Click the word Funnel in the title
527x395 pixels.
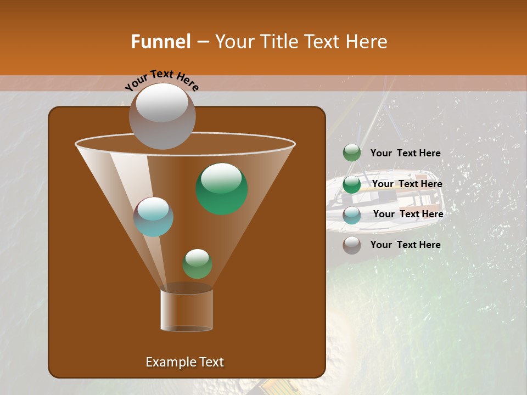tap(160, 42)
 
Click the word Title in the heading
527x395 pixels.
tap(279, 42)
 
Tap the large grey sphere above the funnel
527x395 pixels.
tap(162, 116)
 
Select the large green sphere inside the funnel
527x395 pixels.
tap(222, 188)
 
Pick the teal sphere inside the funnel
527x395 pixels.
tap(153, 217)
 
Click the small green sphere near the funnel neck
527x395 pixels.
tap(197, 264)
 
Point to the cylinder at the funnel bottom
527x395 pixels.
tap(187, 310)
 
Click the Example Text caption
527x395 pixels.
tap(184, 362)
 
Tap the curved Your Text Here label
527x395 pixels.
tap(162, 80)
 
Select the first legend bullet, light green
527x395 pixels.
tap(352, 153)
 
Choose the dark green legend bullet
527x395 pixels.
tap(352, 184)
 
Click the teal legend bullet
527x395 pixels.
tap(352, 215)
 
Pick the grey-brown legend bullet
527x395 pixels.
tap(352, 245)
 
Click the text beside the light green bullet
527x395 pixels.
tap(405, 153)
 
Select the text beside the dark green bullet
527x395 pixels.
tap(407, 184)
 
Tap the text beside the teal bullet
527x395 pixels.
tap(408, 214)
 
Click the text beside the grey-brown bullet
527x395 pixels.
tap(405, 245)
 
